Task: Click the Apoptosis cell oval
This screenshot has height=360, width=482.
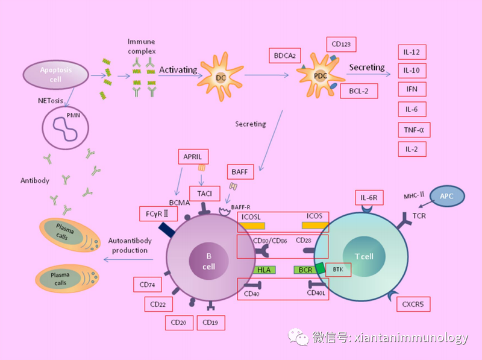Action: pos(55,74)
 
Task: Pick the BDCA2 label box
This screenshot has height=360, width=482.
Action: pos(284,56)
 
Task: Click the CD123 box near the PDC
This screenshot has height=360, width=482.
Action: pos(341,45)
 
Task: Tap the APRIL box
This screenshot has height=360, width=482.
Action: pos(196,156)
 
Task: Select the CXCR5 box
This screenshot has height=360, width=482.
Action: pos(413,304)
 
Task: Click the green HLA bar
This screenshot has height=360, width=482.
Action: pos(263,270)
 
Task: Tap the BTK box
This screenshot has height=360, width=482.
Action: pos(337,270)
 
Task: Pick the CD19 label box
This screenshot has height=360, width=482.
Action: pos(210,323)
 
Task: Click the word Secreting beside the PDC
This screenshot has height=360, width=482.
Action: pos(366,68)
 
